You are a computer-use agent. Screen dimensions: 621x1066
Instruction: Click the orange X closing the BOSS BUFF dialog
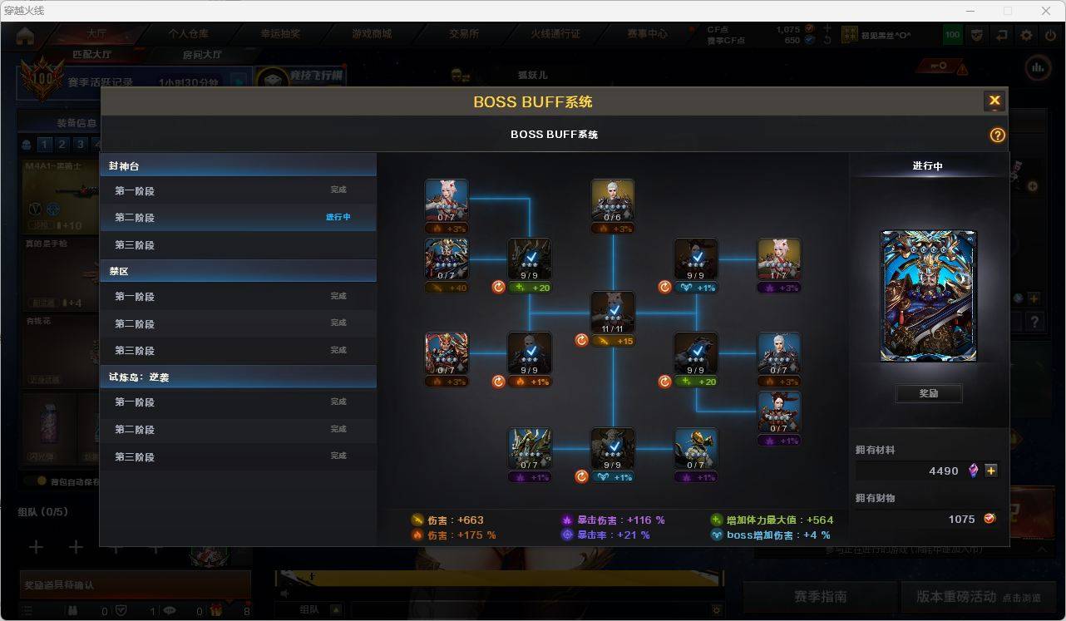click(x=994, y=101)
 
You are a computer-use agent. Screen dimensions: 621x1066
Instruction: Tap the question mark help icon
click(x=997, y=135)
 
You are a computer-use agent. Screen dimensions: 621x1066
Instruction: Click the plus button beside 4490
click(x=991, y=471)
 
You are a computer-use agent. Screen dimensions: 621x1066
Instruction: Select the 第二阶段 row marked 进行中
click(x=237, y=218)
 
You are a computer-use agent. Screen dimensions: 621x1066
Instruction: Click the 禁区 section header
click(x=237, y=271)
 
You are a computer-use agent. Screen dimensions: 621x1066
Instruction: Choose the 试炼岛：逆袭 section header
click(x=237, y=377)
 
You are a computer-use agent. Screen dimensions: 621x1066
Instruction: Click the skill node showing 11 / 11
click(x=613, y=313)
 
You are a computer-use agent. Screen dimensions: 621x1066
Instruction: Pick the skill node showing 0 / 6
click(x=613, y=200)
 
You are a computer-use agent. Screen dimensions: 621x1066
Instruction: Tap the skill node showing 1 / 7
click(x=779, y=259)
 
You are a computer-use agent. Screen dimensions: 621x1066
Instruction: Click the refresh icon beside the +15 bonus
click(x=581, y=340)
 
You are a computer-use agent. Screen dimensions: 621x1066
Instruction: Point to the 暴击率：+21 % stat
click(x=606, y=535)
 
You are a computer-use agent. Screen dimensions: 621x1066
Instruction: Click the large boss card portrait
click(x=928, y=296)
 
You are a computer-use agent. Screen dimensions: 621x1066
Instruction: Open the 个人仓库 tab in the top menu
click(x=189, y=34)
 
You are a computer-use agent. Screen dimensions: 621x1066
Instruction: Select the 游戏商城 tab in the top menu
click(x=372, y=34)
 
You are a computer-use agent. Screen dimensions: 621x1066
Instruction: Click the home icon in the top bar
click(x=25, y=36)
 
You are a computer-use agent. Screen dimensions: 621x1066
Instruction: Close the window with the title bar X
click(x=1046, y=11)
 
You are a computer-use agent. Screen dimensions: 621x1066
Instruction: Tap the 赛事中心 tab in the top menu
click(x=647, y=34)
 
